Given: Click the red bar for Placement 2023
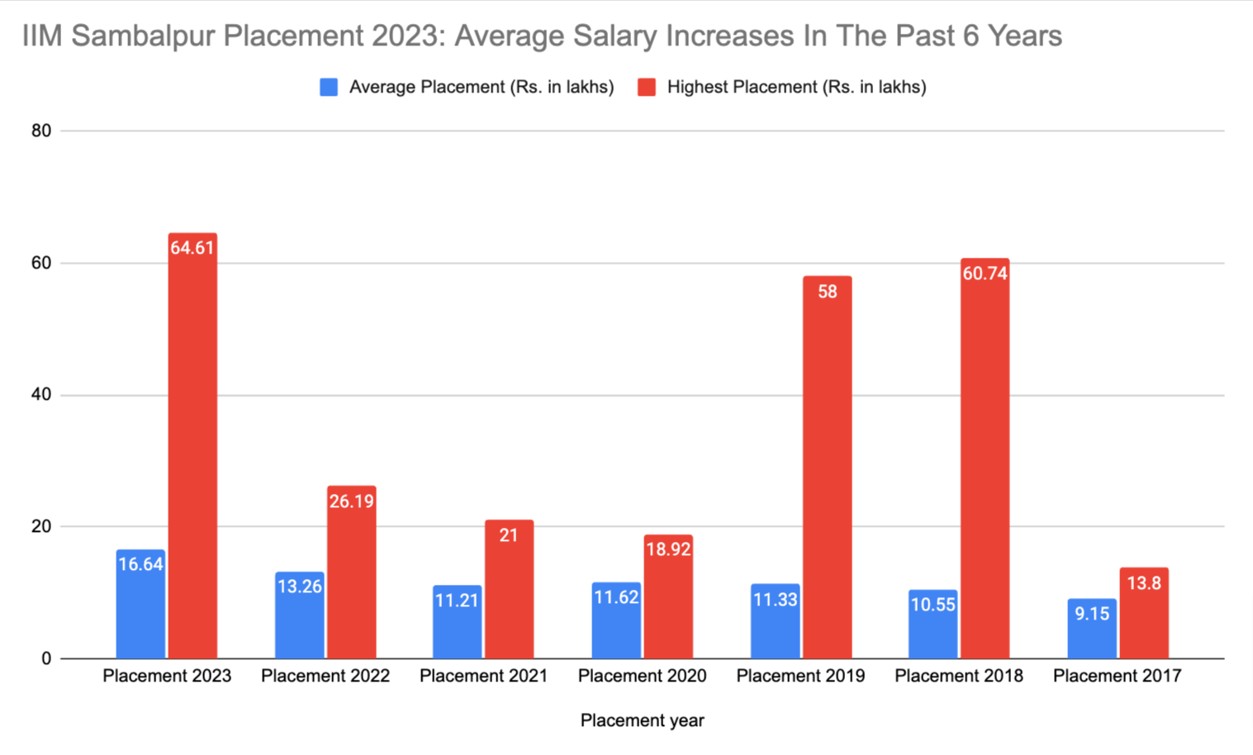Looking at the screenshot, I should [192, 446].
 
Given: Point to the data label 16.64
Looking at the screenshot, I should [140, 565].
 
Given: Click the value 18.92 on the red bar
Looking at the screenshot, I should [668, 549].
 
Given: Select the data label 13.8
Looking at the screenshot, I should [1144, 583].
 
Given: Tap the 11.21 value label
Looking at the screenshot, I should [457, 601].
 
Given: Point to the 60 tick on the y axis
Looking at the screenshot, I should [41, 263].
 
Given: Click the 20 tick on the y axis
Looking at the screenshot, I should [41, 526].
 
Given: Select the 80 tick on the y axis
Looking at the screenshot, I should [41, 131].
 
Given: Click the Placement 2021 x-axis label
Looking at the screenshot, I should [483, 676].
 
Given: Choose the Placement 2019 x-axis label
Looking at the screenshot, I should [800, 676].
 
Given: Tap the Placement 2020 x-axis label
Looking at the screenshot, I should [642, 676].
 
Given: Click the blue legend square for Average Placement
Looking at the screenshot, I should [329, 88].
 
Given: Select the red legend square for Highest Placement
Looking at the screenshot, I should [647, 88].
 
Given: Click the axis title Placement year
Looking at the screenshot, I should [642, 720].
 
